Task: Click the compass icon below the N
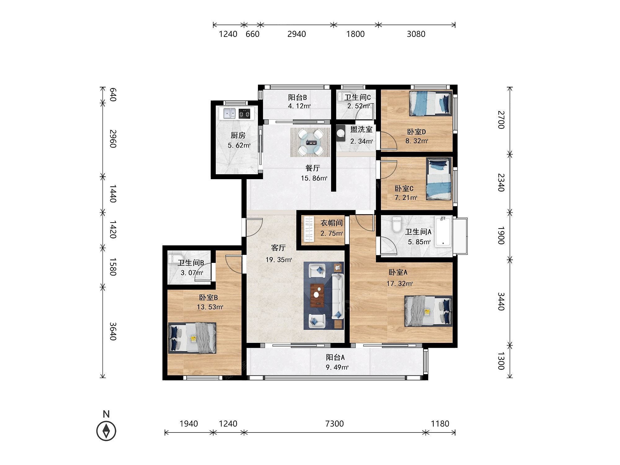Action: point(106,431)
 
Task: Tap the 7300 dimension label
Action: point(335,423)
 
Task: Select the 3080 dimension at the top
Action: point(416,34)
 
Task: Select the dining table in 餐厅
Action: point(310,142)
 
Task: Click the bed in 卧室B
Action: point(192,338)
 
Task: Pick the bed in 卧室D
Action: point(430,103)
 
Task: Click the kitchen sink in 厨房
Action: point(228,113)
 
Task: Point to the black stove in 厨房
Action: point(245,113)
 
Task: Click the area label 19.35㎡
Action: point(279,259)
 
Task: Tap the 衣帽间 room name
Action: point(331,223)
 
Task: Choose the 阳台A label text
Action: point(335,357)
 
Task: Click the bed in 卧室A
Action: point(428,311)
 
